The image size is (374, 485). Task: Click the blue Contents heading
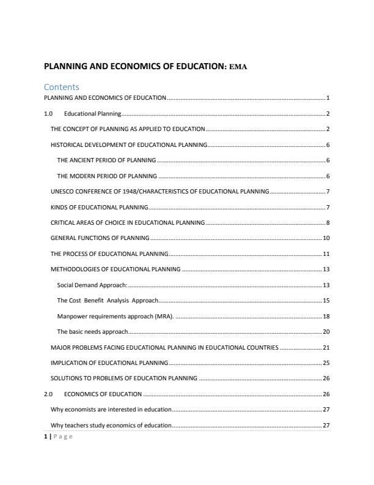(62, 87)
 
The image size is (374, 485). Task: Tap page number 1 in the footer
(45, 436)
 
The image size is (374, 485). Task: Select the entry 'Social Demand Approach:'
(92, 285)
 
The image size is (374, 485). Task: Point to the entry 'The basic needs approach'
(92, 331)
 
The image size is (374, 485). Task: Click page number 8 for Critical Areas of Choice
(328, 222)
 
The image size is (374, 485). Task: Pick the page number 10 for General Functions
(326, 238)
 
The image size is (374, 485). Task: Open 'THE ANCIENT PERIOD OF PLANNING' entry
(106, 160)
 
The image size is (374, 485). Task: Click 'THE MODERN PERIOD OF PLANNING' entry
(107, 176)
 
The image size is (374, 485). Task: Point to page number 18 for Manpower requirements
(326, 316)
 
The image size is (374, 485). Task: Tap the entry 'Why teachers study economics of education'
(111, 425)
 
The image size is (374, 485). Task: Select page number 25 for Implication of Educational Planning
(326, 363)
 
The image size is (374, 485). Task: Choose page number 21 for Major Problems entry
(326, 347)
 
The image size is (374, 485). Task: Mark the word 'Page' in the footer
(63, 436)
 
